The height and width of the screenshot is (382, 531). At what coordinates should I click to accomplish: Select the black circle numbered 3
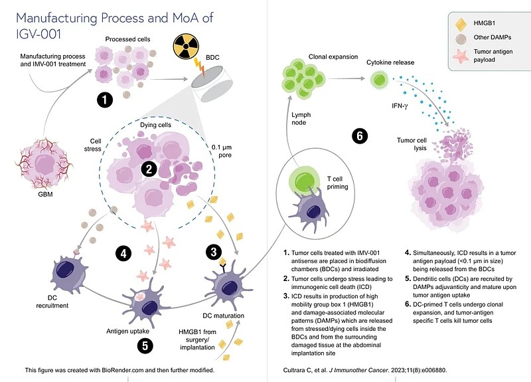click(x=214, y=252)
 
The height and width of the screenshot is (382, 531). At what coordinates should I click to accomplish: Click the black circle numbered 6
click(x=359, y=136)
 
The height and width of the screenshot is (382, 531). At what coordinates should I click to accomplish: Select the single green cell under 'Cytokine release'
click(x=380, y=80)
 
